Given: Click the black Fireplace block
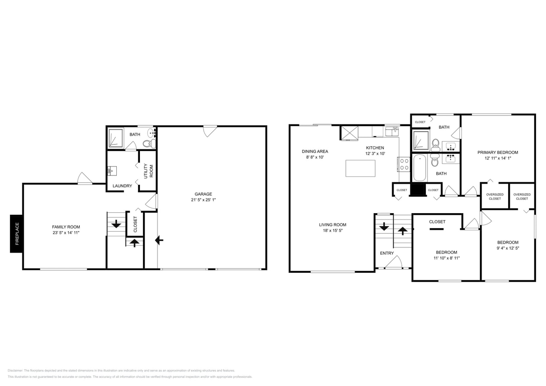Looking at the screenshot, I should click(17, 233).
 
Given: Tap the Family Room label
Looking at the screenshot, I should click(66, 227).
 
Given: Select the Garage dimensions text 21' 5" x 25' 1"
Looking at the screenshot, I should click(203, 200).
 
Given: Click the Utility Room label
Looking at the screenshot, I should click(148, 171).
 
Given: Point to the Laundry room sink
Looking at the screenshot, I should click(111, 171).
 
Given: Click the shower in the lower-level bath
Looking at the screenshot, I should click(115, 138).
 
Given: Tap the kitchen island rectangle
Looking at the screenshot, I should click(360, 168).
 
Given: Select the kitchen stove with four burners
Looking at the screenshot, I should click(404, 164).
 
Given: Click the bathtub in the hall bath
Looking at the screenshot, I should click(419, 168).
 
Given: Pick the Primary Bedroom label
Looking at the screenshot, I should click(497, 152).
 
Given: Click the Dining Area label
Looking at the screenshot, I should click(315, 151).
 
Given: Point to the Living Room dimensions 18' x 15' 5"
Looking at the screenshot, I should click(332, 230).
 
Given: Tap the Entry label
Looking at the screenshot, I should click(386, 253).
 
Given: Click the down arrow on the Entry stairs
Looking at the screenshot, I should click(384, 226).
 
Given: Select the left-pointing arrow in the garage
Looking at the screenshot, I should click(159, 240).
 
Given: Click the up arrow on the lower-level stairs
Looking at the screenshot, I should click(134, 243).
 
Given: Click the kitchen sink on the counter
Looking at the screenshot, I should click(391, 132).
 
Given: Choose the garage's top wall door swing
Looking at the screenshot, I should click(210, 130).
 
